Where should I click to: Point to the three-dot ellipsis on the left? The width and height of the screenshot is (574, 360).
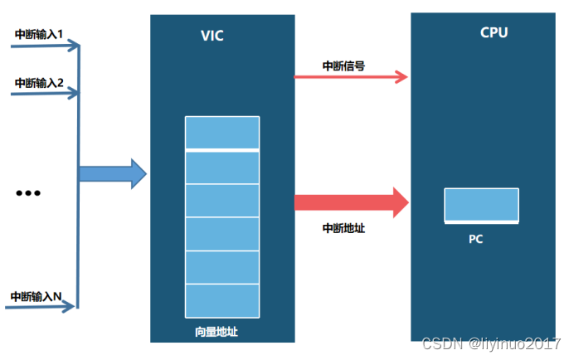click(x=28, y=193)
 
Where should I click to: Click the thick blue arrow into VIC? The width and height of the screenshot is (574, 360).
click(x=112, y=174)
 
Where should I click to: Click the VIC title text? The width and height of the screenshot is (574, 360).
click(x=212, y=36)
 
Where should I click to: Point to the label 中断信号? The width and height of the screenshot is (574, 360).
click(x=343, y=65)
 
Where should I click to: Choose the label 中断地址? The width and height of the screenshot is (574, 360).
click(x=343, y=228)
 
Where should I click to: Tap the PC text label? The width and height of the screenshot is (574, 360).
click(x=475, y=240)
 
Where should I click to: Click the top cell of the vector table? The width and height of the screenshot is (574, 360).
click(x=222, y=133)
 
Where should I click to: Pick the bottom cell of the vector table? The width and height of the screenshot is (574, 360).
click(x=222, y=299)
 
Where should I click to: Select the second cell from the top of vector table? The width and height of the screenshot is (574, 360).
click(x=222, y=167)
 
